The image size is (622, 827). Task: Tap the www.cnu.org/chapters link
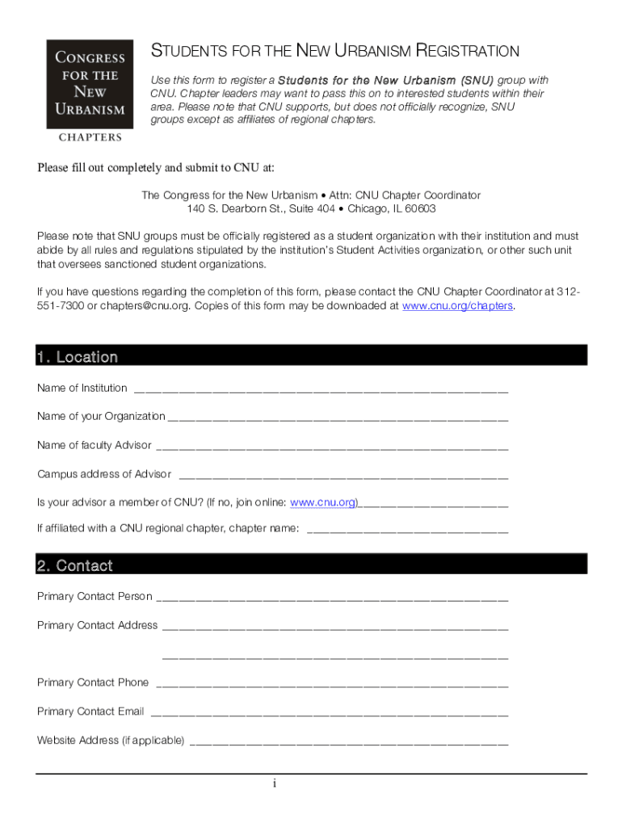tap(457, 306)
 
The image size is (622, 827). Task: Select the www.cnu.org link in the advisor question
tap(323, 502)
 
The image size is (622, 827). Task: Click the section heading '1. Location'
tap(78, 357)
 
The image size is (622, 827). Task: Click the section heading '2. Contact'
tap(74, 565)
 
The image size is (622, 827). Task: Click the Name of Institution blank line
tap(321, 390)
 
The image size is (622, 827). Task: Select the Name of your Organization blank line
tap(337, 418)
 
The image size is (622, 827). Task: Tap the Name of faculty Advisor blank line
tap(331, 447)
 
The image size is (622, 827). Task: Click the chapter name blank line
tap(408, 531)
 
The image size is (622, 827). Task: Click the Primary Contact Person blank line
tap(331, 599)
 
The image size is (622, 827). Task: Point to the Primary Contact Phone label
tap(93, 682)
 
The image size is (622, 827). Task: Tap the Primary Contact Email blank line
tap(330, 714)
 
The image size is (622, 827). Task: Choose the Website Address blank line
tap(349, 742)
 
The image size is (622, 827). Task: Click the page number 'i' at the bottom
tap(275, 783)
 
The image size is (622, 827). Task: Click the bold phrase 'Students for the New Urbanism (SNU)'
tap(385, 81)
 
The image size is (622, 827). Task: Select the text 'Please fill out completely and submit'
tap(121, 168)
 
